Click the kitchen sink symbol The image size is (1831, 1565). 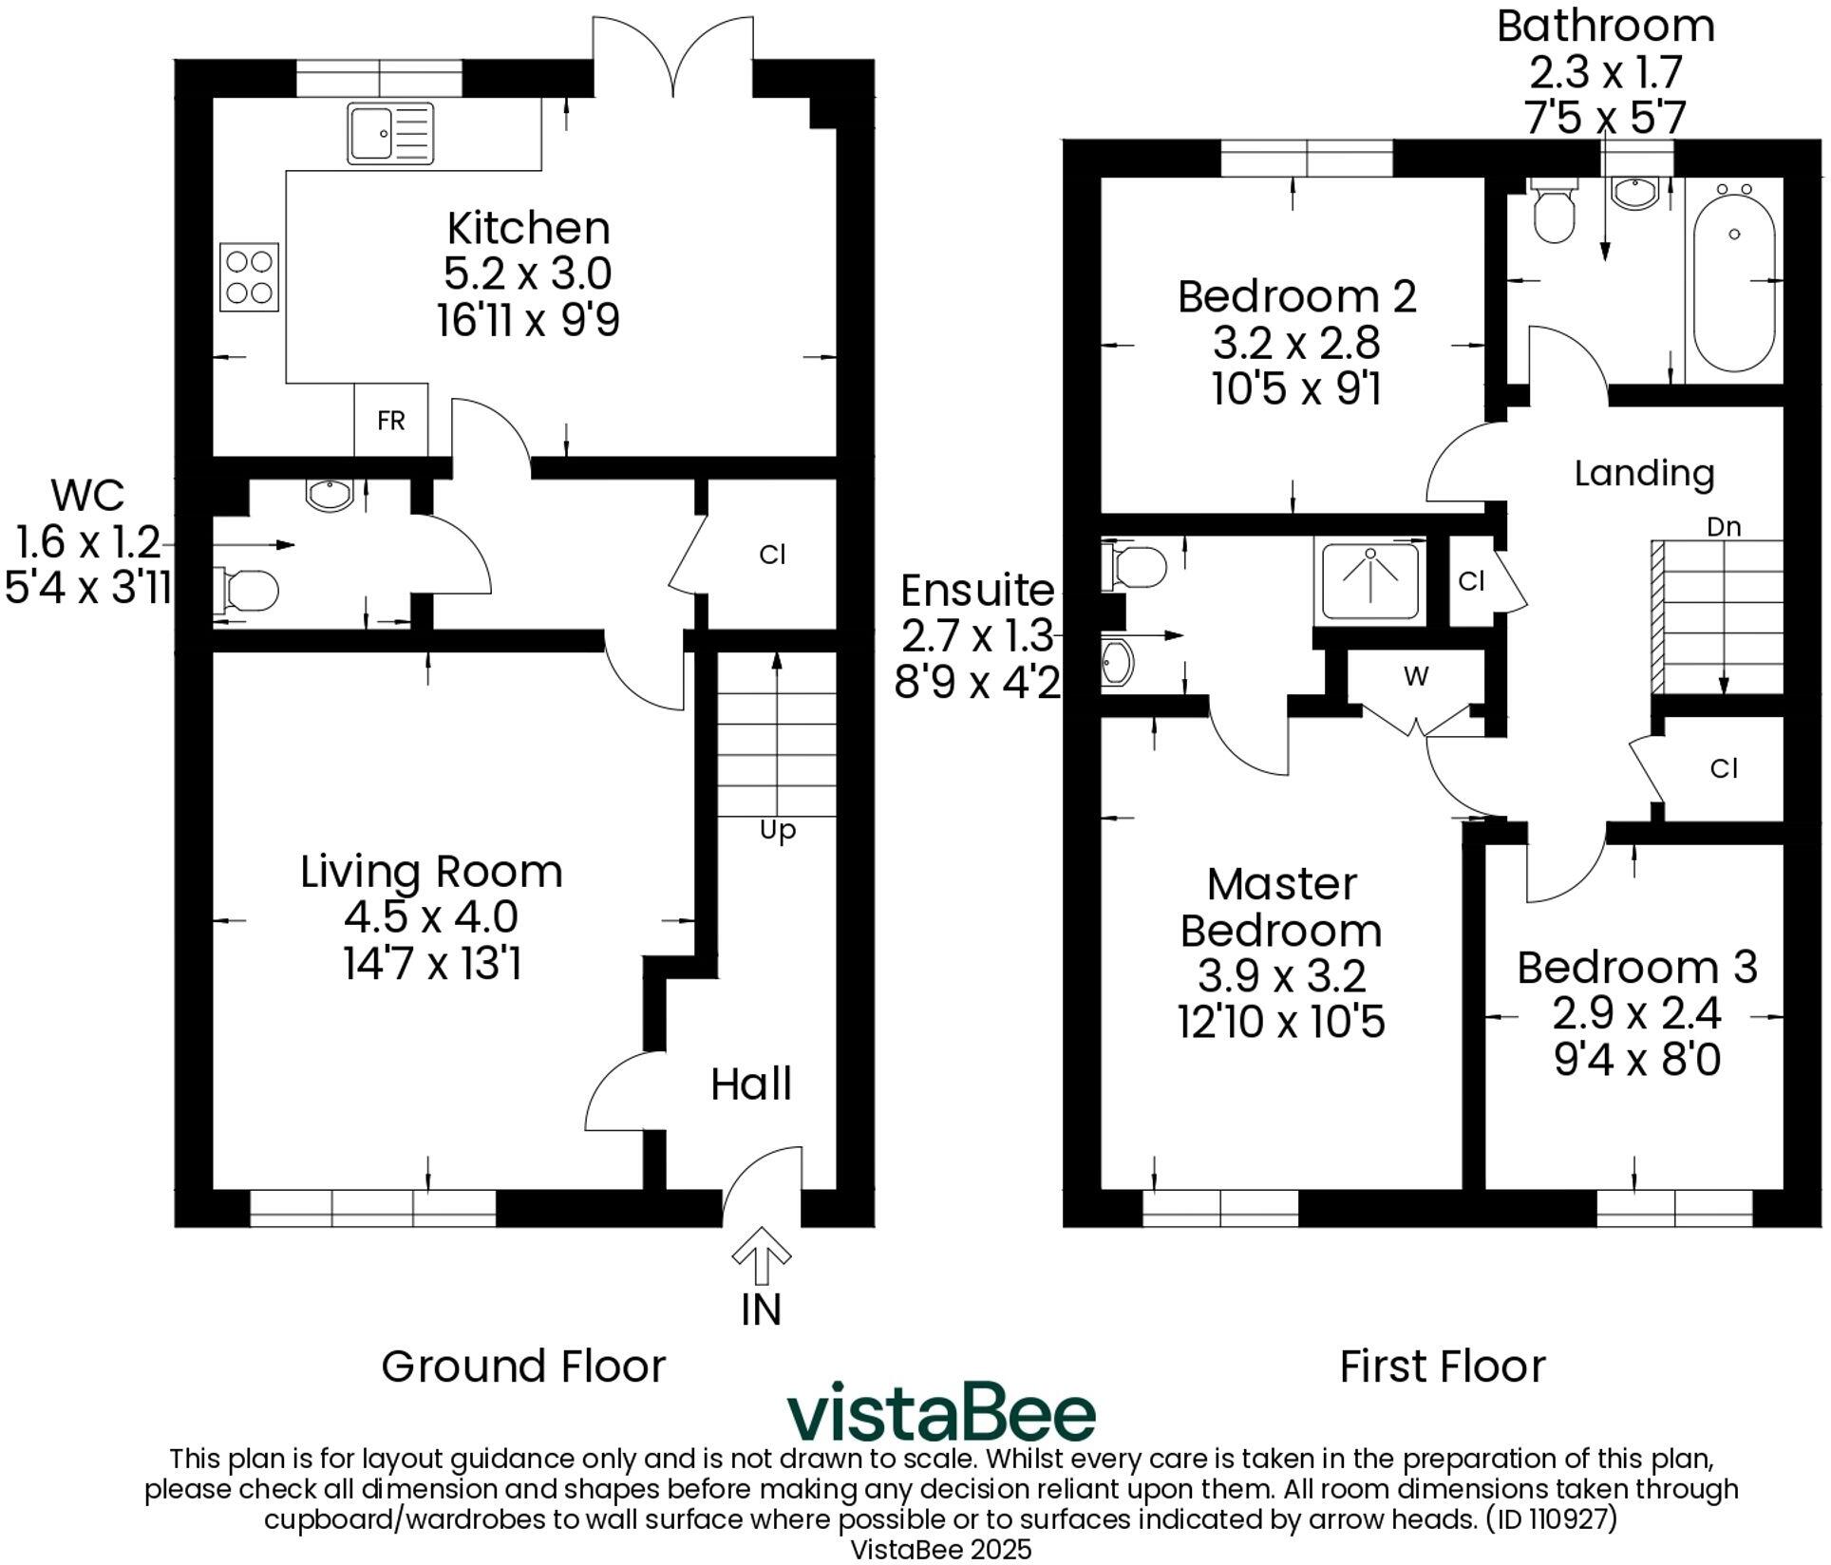pos(389,133)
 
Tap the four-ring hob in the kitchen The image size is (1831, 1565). pos(250,276)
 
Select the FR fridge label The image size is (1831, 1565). pos(390,421)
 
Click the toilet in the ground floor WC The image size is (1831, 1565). pos(249,590)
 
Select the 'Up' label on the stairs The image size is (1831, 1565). pos(778,831)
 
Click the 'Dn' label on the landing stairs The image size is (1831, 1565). pos(1724,526)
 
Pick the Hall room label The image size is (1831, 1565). pos(751,1084)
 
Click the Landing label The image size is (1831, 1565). pos(1644,473)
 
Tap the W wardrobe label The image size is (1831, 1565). pos(1416,677)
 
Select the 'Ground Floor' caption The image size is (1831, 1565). pos(523,1367)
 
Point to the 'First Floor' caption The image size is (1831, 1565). pos(1442,1367)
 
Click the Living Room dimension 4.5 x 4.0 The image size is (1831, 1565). pos(431,917)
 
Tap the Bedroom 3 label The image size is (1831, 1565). pos(1636,968)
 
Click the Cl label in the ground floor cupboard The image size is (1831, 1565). pos(772,555)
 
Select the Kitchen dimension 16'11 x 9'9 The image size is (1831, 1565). pos(528,320)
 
